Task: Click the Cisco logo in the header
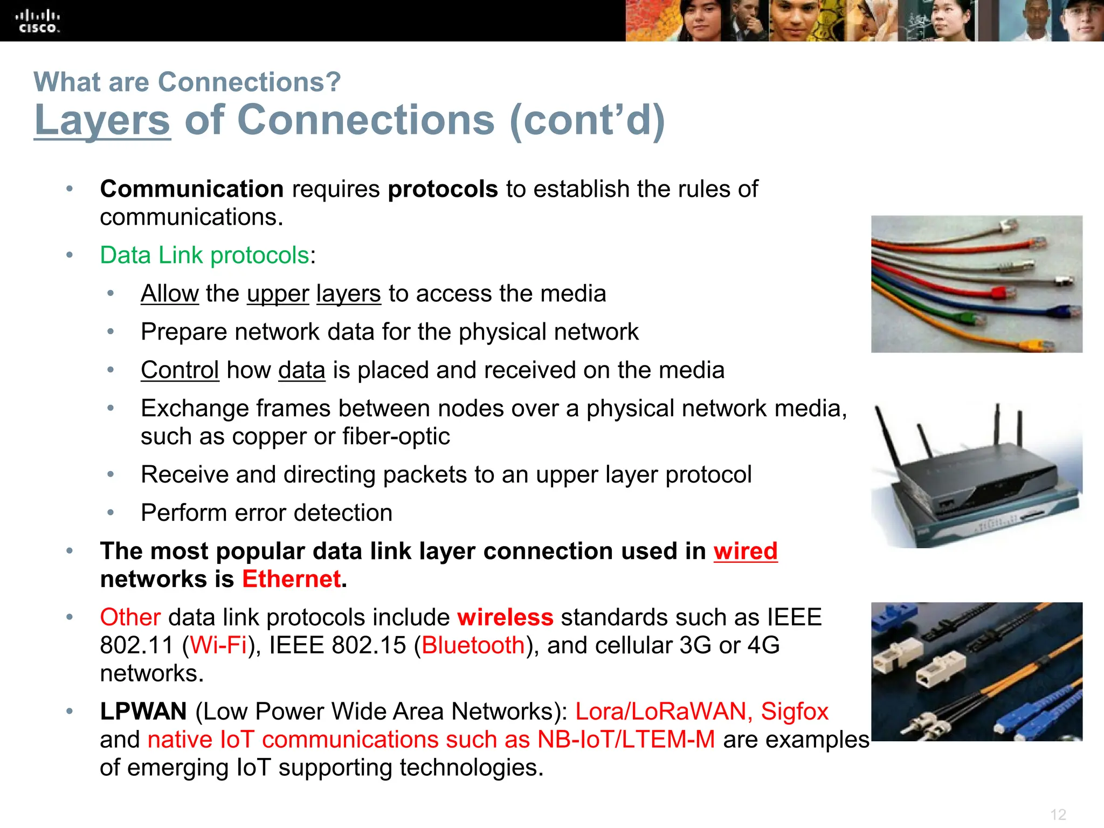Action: pyautogui.click(x=38, y=22)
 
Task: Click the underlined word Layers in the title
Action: pyautogui.click(x=102, y=120)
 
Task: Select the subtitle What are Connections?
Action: pyautogui.click(x=187, y=82)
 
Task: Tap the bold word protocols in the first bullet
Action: pyautogui.click(x=443, y=189)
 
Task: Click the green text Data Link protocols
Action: pyautogui.click(x=204, y=255)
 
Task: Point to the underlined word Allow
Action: pyautogui.click(x=169, y=294)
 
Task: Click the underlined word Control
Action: pyautogui.click(x=180, y=370)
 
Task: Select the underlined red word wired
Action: pyautogui.click(x=745, y=551)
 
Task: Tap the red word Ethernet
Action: pyautogui.click(x=291, y=579)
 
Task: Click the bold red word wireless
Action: pyautogui.click(x=505, y=618)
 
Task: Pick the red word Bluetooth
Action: pyautogui.click(x=473, y=646)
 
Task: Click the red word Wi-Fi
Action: pyautogui.click(x=218, y=646)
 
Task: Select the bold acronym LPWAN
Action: pyautogui.click(x=143, y=712)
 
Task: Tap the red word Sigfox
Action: pyautogui.click(x=794, y=712)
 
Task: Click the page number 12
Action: pyautogui.click(x=1058, y=815)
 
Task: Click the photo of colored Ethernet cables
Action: pyautogui.click(x=976, y=284)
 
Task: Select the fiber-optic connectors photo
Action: pyautogui.click(x=976, y=672)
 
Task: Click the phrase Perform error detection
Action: pyautogui.click(x=266, y=513)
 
